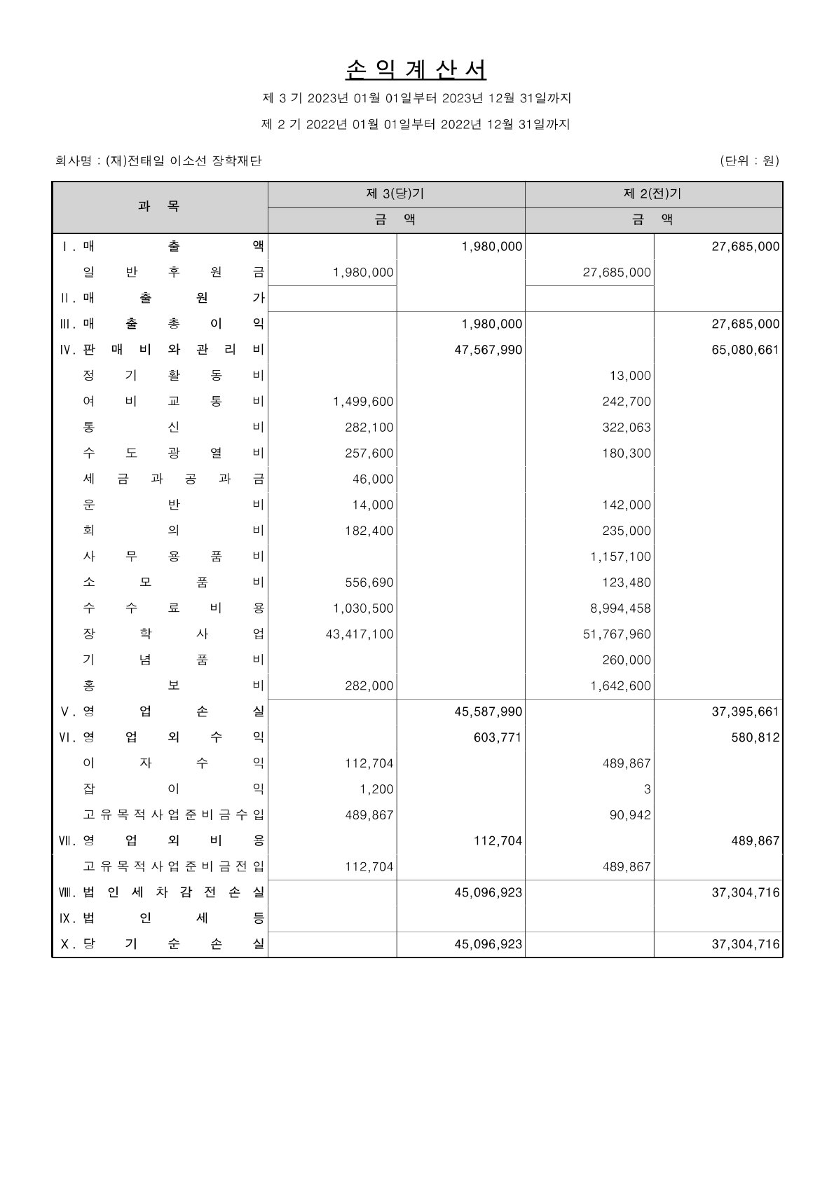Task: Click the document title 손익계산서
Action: click(x=416, y=69)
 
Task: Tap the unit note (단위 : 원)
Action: click(x=749, y=161)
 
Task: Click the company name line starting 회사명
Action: click(x=158, y=161)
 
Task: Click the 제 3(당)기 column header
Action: click(x=396, y=194)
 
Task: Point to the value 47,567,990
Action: click(x=488, y=350)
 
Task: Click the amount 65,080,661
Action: click(x=745, y=350)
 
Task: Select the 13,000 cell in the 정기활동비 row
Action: click(x=630, y=376)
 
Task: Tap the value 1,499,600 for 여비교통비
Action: click(x=363, y=402)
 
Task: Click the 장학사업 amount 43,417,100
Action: click(x=360, y=634)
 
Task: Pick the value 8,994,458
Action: click(x=620, y=608)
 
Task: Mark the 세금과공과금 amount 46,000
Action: click(x=373, y=479)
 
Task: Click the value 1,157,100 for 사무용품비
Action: click(x=620, y=557)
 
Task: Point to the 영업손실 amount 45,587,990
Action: click(x=488, y=711)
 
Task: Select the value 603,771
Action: click(x=498, y=737)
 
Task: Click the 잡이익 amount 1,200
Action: click(x=377, y=789)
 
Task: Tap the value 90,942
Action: click(x=630, y=815)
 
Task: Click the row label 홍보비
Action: click(x=173, y=686)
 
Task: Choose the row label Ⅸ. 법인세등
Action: click(x=161, y=918)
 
